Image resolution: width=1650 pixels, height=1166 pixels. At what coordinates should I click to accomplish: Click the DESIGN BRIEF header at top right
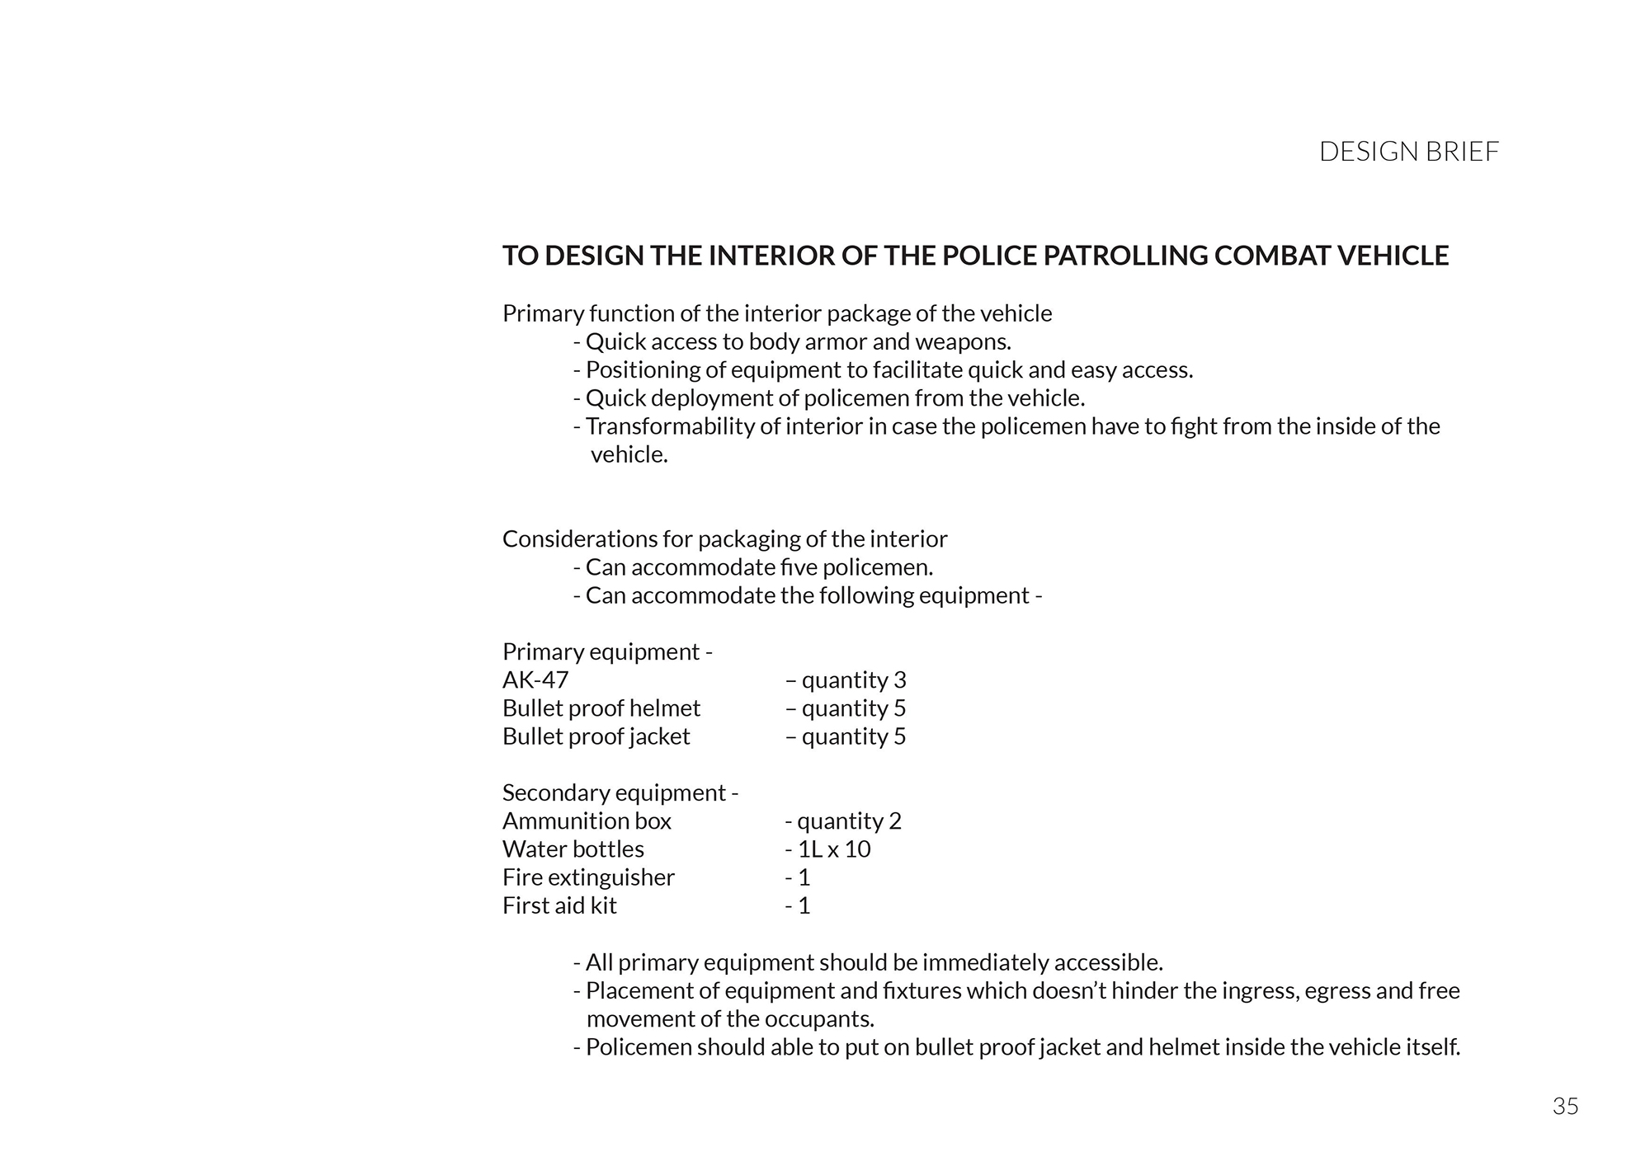click(1408, 152)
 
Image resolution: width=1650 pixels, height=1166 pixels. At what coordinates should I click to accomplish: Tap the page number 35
click(1565, 1106)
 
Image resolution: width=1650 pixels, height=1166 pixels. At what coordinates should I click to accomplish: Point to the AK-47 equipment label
click(535, 680)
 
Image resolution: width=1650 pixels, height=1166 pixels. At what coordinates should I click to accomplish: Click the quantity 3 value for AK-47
click(846, 680)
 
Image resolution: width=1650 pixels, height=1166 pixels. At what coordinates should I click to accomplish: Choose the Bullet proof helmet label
click(601, 708)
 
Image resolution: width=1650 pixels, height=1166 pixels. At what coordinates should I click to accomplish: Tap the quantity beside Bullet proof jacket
click(846, 736)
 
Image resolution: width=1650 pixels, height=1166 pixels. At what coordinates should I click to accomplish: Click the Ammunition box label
click(587, 821)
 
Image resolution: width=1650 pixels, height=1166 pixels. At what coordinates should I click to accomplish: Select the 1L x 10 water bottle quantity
click(827, 849)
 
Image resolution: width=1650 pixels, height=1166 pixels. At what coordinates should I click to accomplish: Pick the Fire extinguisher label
click(588, 877)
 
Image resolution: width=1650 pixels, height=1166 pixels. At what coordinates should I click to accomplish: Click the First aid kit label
click(559, 905)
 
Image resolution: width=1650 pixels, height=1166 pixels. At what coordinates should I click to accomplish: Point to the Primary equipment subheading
click(607, 652)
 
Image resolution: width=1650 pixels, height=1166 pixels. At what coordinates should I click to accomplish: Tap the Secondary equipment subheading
click(620, 793)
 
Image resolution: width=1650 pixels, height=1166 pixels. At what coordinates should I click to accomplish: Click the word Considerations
click(580, 539)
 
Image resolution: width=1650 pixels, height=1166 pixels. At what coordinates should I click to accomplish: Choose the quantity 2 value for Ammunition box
click(843, 821)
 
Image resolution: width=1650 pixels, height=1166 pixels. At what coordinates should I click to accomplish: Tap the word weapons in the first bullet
click(963, 342)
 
